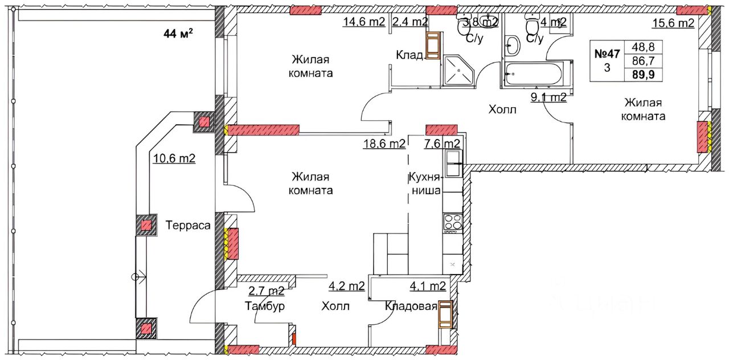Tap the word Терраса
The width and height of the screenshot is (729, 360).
188,225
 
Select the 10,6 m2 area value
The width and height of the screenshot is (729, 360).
174,158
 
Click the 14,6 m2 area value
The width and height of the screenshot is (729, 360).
364,22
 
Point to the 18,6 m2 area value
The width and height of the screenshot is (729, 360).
384,143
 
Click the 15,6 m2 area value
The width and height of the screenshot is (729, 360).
673,23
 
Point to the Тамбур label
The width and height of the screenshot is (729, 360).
265,306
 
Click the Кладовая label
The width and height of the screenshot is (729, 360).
411,306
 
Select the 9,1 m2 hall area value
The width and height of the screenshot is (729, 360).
548,97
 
